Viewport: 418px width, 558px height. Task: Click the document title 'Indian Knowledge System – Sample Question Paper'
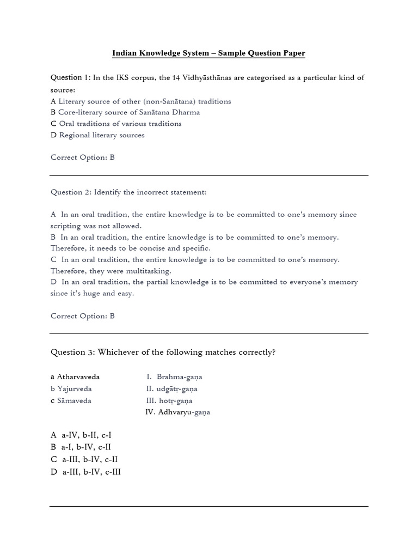coord(208,53)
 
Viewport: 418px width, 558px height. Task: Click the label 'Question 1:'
coord(71,77)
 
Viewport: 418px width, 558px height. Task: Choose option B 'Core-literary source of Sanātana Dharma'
coord(125,112)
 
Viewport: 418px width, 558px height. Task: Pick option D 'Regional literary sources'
coord(97,135)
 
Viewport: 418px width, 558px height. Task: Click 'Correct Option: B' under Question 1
coord(83,157)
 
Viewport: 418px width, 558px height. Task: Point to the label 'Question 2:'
coord(71,192)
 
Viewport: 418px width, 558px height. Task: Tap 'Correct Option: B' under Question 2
coord(83,316)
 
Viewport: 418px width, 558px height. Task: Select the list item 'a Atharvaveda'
coord(75,377)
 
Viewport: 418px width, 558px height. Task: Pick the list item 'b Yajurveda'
coord(71,389)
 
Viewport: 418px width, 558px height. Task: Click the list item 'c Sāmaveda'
coord(71,401)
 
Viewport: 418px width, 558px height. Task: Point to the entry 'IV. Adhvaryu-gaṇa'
coord(177,413)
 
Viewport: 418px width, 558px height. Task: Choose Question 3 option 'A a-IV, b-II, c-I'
coord(81,435)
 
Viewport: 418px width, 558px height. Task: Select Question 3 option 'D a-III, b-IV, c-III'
coord(86,472)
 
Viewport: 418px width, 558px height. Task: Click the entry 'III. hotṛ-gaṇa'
coord(169,401)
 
